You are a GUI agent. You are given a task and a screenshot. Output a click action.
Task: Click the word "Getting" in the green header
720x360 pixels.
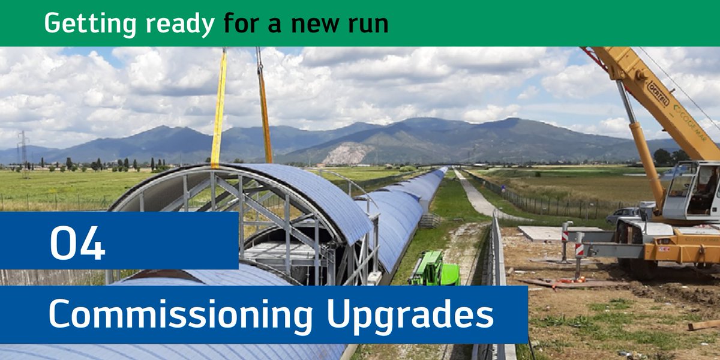click(x=89, y=24)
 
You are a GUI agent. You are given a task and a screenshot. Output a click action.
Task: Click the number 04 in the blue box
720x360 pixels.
click(x=78, y=242)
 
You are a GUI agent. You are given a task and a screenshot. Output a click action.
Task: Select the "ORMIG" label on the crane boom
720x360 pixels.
click(x=658, y=94)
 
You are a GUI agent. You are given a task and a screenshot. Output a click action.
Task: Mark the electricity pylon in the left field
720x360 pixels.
click(x=23, y=150)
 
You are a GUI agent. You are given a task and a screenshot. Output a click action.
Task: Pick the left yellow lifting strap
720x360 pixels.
click(x=218, y=108)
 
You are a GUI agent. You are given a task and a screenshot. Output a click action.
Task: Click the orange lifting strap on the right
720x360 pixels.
click(x=264, y=108)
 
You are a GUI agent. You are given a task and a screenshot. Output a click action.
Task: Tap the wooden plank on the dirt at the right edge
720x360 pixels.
click(x=703, y=325)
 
